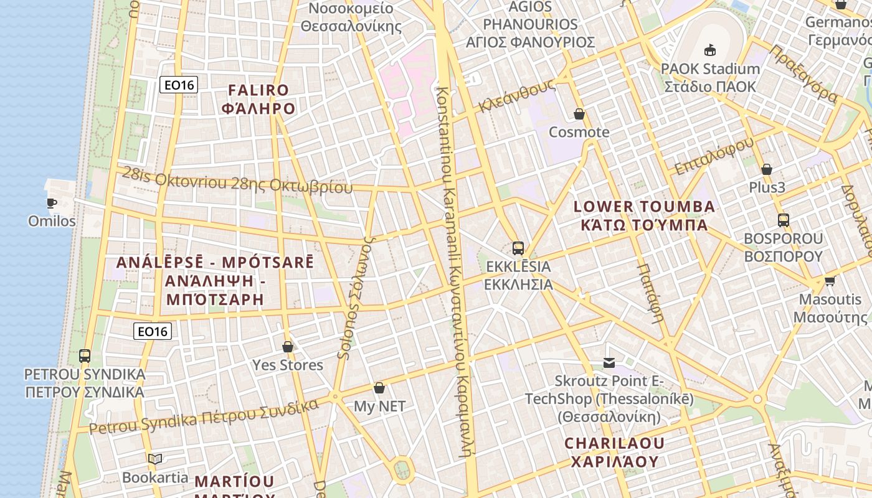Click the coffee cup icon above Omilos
pyautogui.click(x=52, y=203)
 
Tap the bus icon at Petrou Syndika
pyautogui.click(x=85, y=356)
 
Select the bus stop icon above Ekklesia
pyautogui.click(x=518, y=248)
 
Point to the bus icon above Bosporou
pyautogui.click(x=784, y=220)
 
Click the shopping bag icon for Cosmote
pyautogui.click(x=579, y=114)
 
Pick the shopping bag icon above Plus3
pyautogui.click(x=767, y=169)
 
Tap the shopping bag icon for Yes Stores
pyautogui.click(x=288, y=347)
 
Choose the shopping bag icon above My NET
pyautogui.click(x=379, y=388)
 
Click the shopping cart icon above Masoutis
pyautogui.click(x=830, y=281)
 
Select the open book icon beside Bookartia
pyautogui.click(x=155, y=459)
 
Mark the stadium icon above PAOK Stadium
pyautogui.click(x=709, y=50)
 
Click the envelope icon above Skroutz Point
pyautogui.click(x=609, y=363)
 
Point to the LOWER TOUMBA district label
pyautogui.click(x=644, y=215)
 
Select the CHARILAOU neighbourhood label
pyautogui.click(x=615, y=452)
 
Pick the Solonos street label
pyautogui.click(x=351, y=297)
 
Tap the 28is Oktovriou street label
pyautogui.click(x=237, y=181)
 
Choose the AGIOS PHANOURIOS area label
pyautogui.click(x=531, y=25)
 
